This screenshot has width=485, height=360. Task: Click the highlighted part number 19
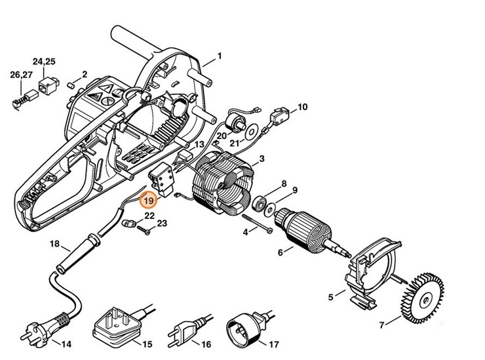149,201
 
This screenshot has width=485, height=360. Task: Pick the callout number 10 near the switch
302,106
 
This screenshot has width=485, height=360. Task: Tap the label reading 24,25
45,62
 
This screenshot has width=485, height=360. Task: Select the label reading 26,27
20,75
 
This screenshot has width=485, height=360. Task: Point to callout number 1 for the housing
220,56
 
